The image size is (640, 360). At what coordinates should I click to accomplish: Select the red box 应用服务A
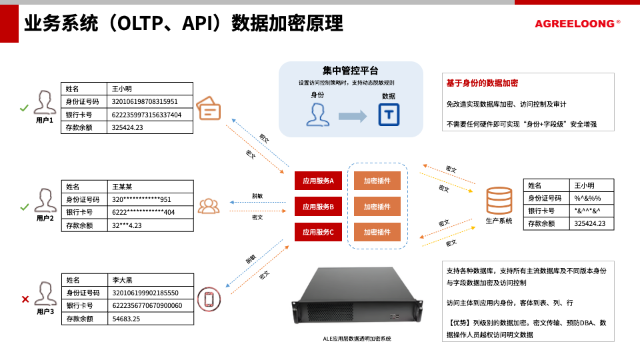tap(319, 180)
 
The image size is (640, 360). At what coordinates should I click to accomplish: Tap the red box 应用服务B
tap(319, 206)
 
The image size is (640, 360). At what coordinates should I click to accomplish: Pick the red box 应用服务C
tap(319, 232)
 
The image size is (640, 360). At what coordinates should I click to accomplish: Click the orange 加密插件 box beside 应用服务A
tap(377, 180)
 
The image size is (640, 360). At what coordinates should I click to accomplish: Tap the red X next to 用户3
tap(25, 299)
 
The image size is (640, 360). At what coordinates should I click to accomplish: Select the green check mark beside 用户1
tap(24, 107)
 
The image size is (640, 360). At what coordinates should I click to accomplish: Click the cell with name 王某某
tap(150, 187)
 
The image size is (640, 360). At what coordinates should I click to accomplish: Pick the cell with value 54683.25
tap(150, 318)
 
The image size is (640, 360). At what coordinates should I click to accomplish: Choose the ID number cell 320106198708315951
tap(150, 101)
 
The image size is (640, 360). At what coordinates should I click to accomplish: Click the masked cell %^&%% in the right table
tap(591, 198)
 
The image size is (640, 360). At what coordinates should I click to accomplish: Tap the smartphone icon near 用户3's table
tap(209, 298)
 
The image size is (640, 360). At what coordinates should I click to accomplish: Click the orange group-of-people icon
tap(209, 206)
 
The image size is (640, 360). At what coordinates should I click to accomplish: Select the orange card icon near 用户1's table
tap(209, 108)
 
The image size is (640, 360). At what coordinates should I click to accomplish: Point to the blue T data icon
tap(389, 115)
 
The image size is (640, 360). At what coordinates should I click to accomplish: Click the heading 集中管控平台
tap(351, 71)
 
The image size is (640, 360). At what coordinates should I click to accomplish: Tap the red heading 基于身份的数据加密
tap(482, 83)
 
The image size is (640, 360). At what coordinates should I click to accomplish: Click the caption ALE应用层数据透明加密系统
tap(357, 339)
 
